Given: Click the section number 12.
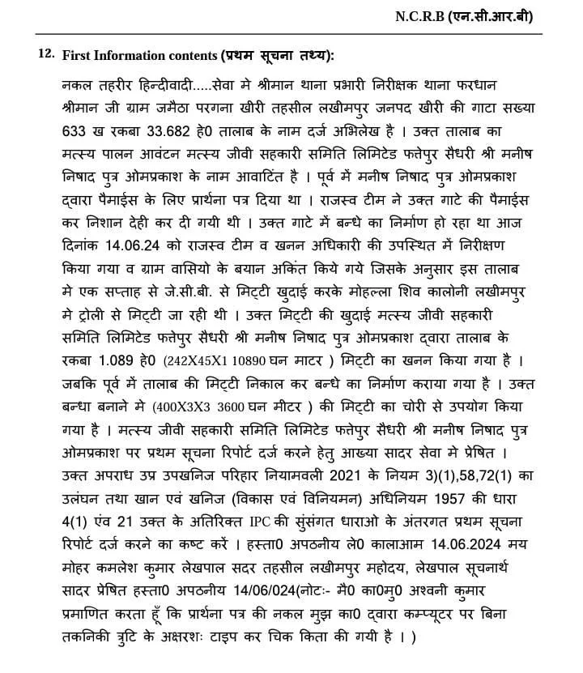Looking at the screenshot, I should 46,53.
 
